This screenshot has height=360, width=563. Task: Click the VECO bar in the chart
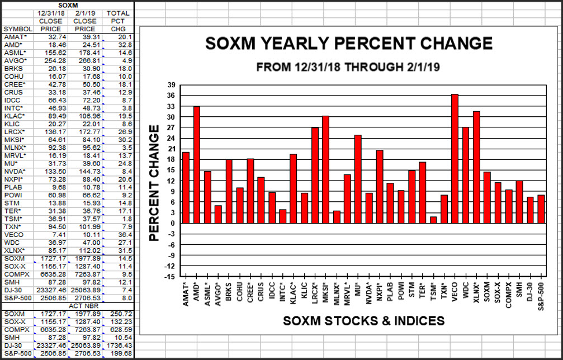click(455, 159)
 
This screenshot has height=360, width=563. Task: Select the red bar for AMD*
click(196, 165)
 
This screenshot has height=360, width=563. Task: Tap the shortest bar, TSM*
click(433, 220)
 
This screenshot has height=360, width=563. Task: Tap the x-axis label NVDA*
click(368, 292)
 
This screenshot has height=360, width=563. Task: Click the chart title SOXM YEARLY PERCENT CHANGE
click(349, 44)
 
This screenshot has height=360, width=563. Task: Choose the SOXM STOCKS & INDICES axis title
click(363, 321)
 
